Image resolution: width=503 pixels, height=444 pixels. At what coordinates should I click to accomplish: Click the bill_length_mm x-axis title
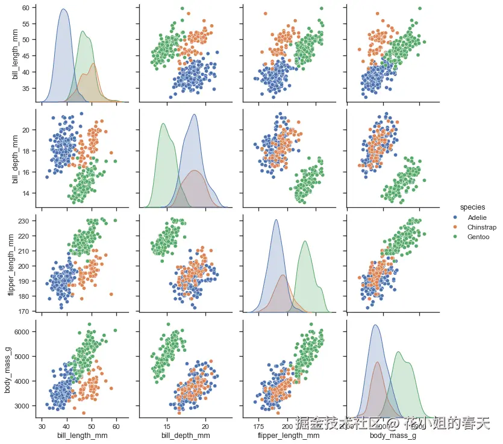tap(79, 435)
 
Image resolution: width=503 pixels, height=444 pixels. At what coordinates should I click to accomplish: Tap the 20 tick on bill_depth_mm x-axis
tap(205, 425)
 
